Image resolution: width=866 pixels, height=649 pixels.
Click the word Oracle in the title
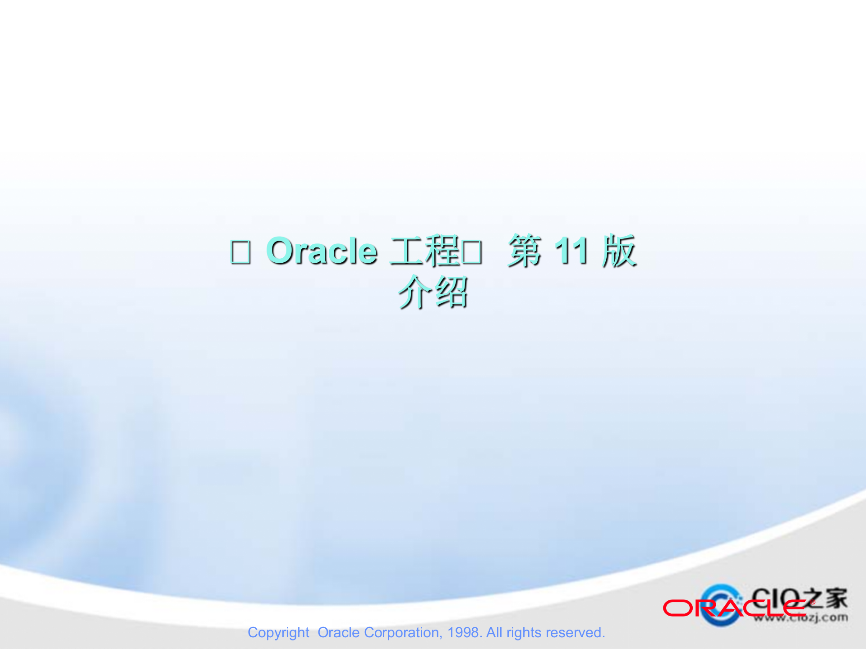coord(322,251)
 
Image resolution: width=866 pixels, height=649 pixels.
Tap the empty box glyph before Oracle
coord(240,252)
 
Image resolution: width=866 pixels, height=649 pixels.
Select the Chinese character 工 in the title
coord(407,251)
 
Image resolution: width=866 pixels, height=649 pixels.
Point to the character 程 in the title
coord(442,251)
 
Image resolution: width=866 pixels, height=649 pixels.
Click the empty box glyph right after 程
coord(472,252)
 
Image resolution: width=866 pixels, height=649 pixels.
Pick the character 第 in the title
coord(524,251)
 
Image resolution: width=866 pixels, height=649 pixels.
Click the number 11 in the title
coord(571,251)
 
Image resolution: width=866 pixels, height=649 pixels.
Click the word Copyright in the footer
coord(278,633)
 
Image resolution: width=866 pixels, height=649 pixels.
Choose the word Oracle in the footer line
coord(338,632)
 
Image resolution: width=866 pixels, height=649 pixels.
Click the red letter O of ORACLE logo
coord(677,608)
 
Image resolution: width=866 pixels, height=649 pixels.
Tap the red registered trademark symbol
coord(812,602)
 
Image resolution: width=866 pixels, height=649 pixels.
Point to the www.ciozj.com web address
coord(801,617)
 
